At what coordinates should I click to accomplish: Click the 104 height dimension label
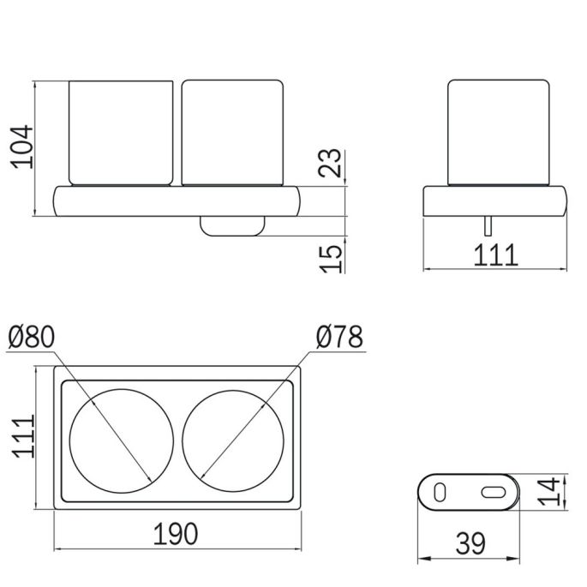22,147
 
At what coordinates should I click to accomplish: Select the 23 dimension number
330,163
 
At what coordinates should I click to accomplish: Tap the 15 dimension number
331,259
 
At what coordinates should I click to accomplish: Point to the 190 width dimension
176,534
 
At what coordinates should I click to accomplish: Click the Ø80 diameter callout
32,337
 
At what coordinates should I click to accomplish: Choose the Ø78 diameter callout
339,337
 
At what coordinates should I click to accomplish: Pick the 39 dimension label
470,543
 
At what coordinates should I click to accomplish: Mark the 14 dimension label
549,492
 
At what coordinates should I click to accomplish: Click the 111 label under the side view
495,255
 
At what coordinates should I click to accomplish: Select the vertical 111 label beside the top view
24,436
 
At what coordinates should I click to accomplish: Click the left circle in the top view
122,441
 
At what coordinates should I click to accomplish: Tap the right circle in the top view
233,441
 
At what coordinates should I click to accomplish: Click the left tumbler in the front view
121,133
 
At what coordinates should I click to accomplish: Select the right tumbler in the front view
232,133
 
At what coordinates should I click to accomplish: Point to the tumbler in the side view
499,133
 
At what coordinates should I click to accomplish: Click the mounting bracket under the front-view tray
232,225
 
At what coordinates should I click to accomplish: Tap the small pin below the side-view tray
488,226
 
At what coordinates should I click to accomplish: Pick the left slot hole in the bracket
440,492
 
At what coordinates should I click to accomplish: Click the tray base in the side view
495,201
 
